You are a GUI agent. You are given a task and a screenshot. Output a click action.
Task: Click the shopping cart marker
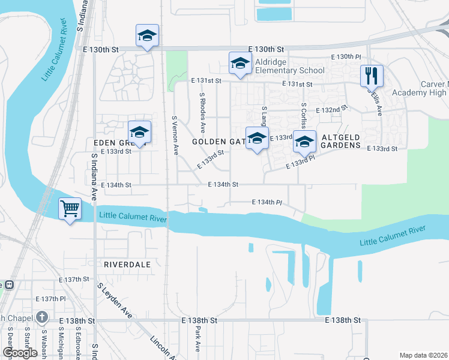point(70,209)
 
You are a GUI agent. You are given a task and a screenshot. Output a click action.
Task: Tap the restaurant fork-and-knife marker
point(372,75)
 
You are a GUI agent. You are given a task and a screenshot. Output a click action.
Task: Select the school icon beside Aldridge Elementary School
point(240,63)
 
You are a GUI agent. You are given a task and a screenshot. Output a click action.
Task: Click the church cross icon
point(41,317)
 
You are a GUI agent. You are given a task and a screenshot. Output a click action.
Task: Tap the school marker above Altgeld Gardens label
point(304,141)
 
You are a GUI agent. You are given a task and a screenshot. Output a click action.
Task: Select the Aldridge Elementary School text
point(290,67)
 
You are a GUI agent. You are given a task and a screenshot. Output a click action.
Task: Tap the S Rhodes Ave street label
point(202,113)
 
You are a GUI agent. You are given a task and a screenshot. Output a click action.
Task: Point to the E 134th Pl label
point(267,202)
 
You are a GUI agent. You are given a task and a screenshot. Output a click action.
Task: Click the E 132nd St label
point(335,110)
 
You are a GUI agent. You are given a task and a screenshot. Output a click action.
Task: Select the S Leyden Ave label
point(116,300)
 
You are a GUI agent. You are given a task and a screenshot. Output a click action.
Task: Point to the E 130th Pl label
point(346,57)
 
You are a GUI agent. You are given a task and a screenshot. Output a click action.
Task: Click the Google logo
point(20,353)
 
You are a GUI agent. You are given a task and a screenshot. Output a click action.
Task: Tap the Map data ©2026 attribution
point(423,355)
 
